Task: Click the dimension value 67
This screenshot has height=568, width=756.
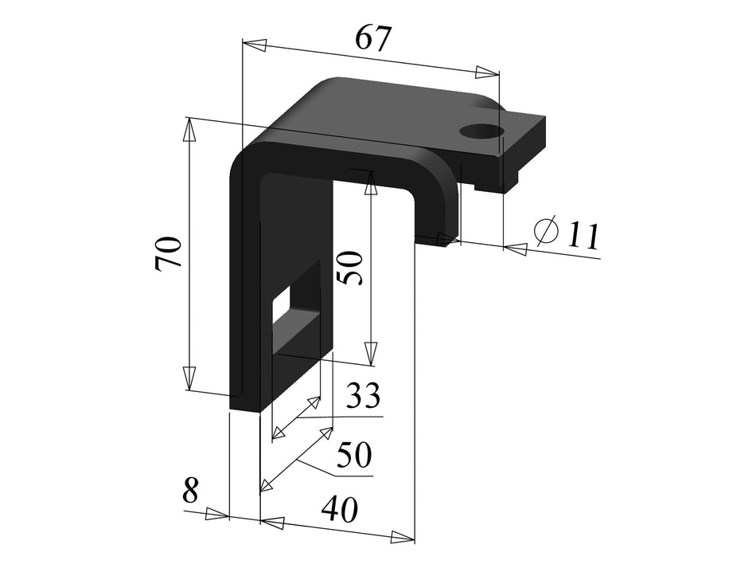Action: pos(373,37)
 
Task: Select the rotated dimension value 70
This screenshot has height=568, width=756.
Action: pos(170,254)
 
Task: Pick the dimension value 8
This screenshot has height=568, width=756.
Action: pos(190,491)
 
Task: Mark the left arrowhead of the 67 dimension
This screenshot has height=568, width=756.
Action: pos(254,45)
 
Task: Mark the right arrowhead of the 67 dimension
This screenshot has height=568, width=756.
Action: pos(487,72)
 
